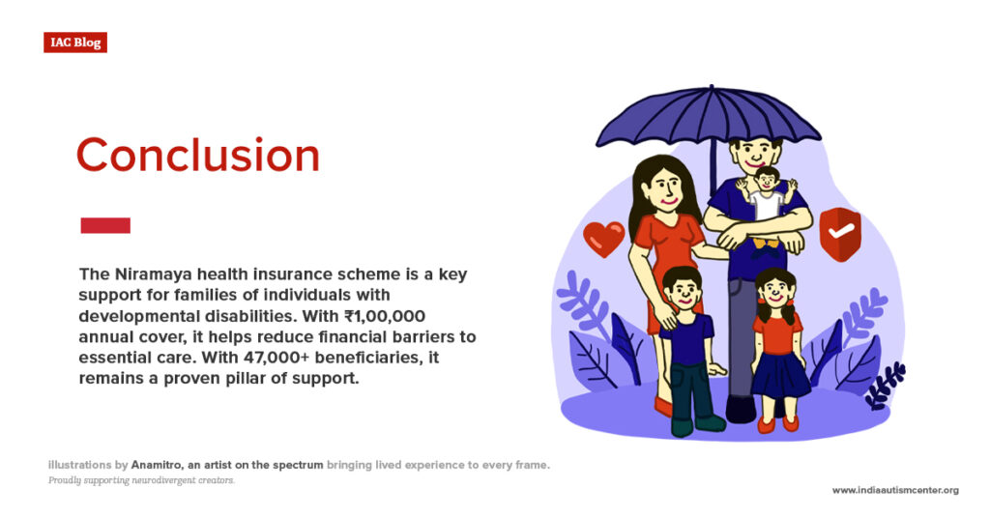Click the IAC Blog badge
[x=74, y=43]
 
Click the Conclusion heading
[x=197, y=156]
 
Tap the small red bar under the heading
[x=104, y=225]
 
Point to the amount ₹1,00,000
[x=381, y=317]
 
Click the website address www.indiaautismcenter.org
[x=894, y=490]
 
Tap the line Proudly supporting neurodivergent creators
[x=141, y=480]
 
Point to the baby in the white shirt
[x=767, y=193]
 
